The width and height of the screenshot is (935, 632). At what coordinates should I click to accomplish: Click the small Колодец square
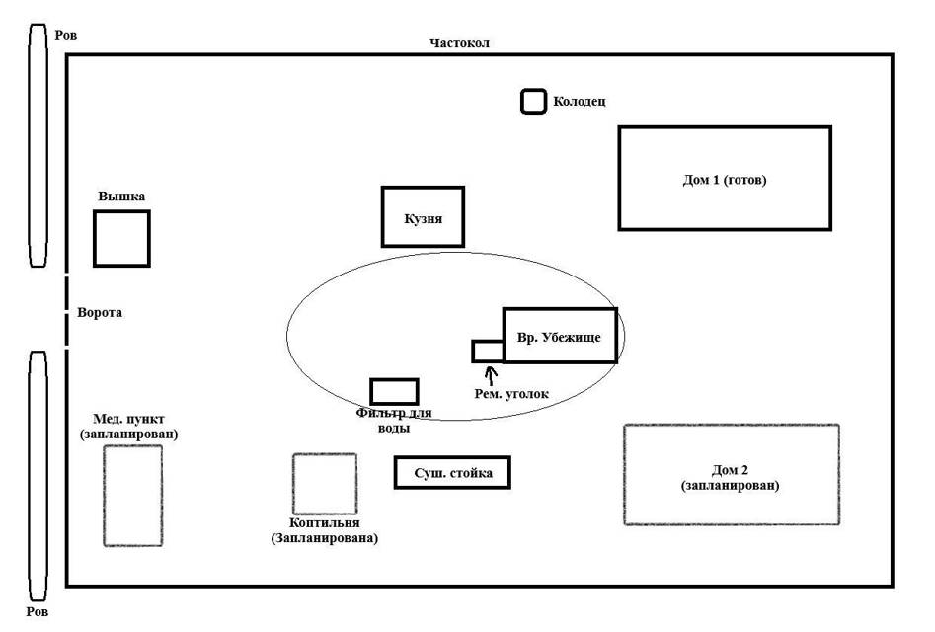(x=533, y=101)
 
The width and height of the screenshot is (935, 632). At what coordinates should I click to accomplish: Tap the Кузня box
(x=423, y=216)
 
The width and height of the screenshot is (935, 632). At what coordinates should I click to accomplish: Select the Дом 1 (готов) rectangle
(x=725, y=179)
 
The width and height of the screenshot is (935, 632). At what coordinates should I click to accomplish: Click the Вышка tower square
(x=121, y=238)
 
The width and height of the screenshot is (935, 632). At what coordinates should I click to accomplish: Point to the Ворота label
(x=99, y=312)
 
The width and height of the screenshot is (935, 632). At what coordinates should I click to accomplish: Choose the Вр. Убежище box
(x=560, y=336)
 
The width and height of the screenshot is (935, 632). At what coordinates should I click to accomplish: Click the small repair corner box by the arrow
(x=488, y=351)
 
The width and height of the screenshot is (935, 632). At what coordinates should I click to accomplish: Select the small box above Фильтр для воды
(x=394, y=391)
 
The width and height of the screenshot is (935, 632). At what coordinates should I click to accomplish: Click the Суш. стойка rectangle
(x=452, y=473)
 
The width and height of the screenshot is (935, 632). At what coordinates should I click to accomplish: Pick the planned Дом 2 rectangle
(x=732, y=475)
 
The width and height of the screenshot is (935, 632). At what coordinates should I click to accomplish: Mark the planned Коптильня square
(x=324, y=484)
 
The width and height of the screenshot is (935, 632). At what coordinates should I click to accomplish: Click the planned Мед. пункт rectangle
(x=132, y=496)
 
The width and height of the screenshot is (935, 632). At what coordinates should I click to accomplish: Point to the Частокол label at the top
(x=459, y=42)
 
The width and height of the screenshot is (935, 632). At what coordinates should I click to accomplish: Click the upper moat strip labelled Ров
(x=38, y=145)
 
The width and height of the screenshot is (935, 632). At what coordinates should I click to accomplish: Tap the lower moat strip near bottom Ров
(x=38, y=474)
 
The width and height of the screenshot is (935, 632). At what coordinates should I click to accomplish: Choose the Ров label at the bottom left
(x=37, y=612)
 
